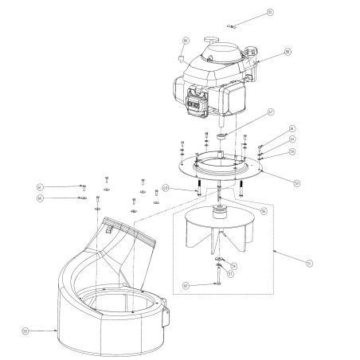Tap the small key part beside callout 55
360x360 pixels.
pyautogui.click(x=229, y=25)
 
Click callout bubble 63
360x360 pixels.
pyautogui.click(x=166, y=188)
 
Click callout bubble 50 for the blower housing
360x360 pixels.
pyautogui.click(x=25, y=330)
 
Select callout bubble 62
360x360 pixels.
pyautogui.click(x=185, y=284)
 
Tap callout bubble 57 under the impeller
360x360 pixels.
pyautogui.click(x=230, y=274)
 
